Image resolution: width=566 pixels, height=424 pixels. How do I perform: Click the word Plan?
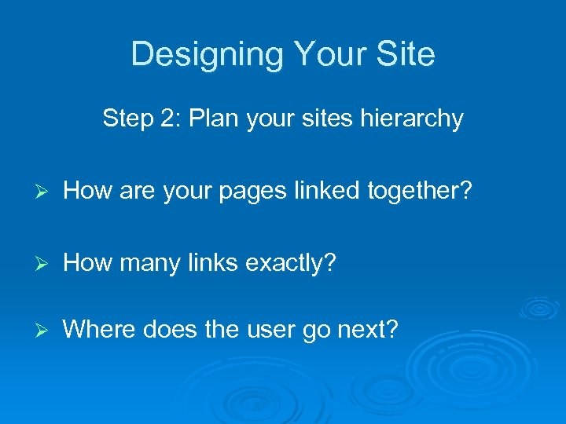tap(210, 119)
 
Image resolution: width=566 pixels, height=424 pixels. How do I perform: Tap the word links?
tap(212, 263)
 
